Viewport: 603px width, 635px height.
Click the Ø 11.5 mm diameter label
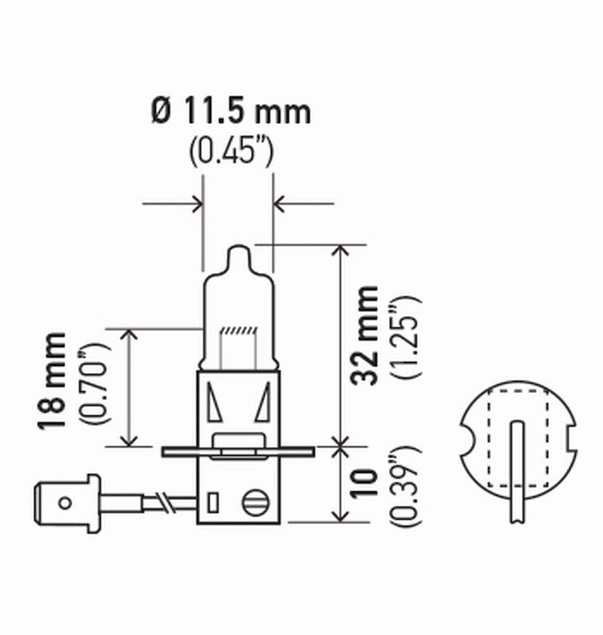[x=230, y=112]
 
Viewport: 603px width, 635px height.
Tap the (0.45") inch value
[x=231, y=152]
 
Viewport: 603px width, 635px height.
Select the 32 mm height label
[x=366, y=335]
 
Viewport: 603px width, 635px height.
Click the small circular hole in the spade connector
[x=64, y=501]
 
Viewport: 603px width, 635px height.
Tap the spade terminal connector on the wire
[x=68, y=501]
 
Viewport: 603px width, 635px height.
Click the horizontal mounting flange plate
[x=238, y=452]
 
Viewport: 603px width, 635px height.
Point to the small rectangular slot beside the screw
[x=213, y=502]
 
